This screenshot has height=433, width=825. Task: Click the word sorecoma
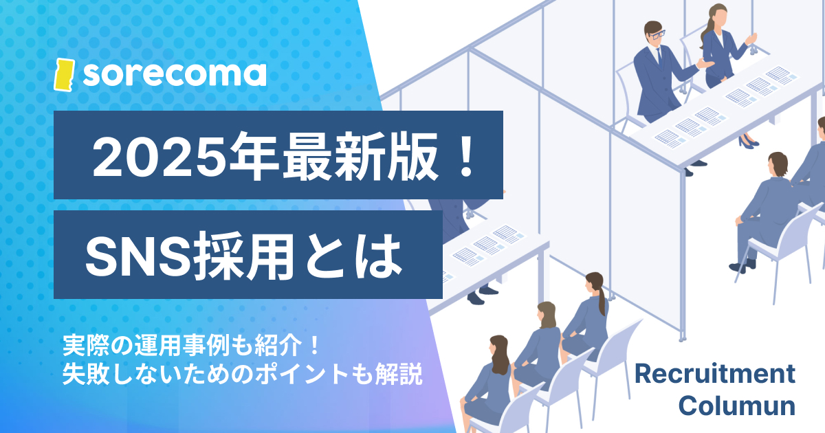point(175,74)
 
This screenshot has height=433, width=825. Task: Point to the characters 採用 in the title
point(236,255)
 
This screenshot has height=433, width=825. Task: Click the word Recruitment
point(714,375)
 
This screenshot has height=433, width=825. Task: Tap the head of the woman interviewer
point(716,15)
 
